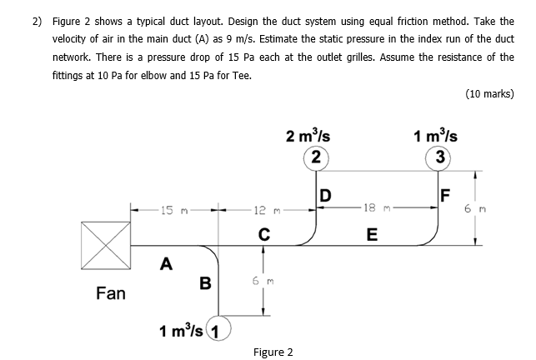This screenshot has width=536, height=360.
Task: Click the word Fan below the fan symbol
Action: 111,293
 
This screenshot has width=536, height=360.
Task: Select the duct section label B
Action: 204,283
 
